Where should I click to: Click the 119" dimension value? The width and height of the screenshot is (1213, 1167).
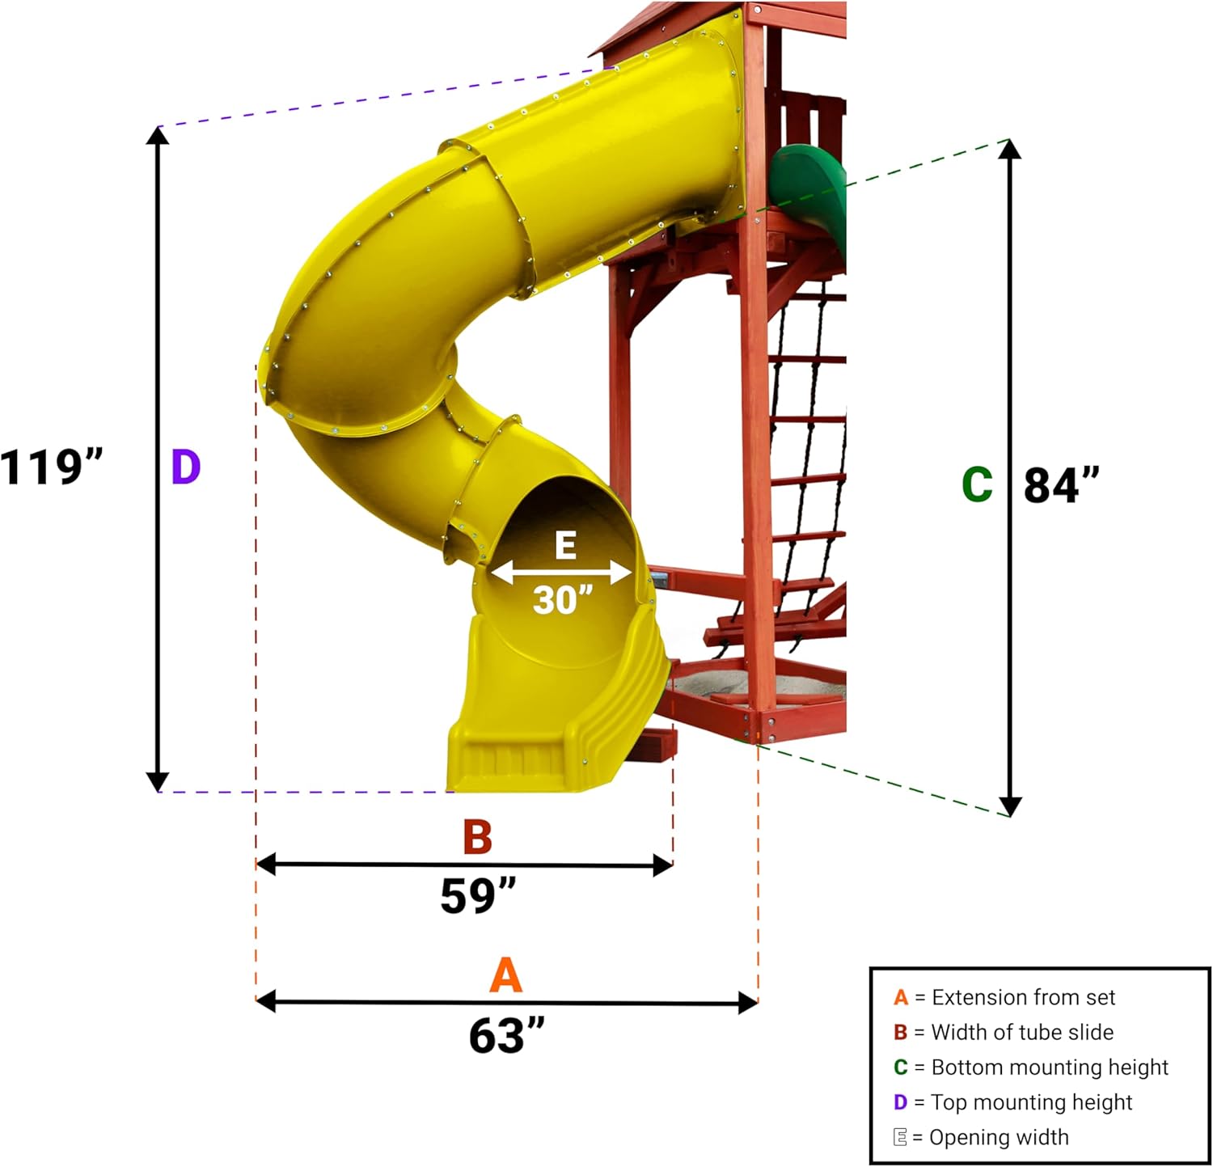[x=52, y=467]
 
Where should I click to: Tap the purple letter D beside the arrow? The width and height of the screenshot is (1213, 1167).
[x=186, y=467]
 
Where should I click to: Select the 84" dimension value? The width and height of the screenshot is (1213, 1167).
[x=1061, y=485]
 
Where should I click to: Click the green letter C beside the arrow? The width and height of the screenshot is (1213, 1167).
[x=977, y=485]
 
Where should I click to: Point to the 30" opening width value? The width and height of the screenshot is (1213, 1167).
[x=563, y=600]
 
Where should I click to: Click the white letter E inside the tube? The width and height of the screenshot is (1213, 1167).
[x=565, y=547]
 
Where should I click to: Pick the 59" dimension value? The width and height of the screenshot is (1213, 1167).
[x=478, y=896]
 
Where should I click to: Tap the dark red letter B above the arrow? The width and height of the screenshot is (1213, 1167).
[x=477, y=837]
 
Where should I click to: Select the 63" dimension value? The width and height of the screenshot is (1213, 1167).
[x=506, y=1035]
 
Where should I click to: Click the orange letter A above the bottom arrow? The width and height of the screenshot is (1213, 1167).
[x=505, y=975]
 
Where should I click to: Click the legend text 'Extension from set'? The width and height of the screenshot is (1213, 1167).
[x=1023, y=997]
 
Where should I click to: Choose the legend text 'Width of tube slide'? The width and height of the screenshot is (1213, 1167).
[x=1022, y=1032]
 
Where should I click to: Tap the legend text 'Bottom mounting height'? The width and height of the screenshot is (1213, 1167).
[x=1050, y=1068]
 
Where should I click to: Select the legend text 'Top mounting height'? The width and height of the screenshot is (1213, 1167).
[x=1031, y=1102]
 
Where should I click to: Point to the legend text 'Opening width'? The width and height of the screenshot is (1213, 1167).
[x=999, y=1137]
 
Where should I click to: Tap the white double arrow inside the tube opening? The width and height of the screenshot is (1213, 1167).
[x=561, y=573]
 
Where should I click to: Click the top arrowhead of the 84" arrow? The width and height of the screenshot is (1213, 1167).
[x=1009, y=149]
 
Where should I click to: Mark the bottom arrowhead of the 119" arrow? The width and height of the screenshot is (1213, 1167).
[x=158, y=782]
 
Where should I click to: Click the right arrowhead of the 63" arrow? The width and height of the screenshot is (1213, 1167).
[x=748, y=1003]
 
